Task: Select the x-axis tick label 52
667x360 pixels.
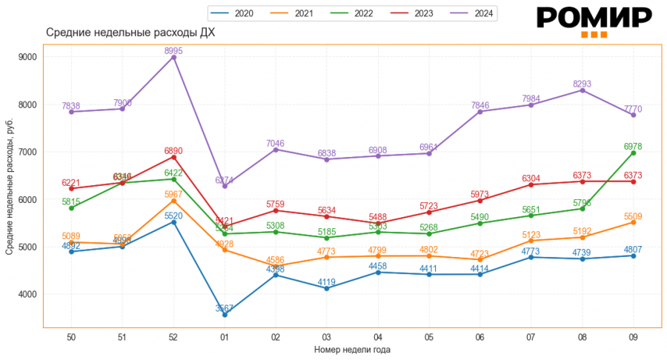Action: coord(173,337)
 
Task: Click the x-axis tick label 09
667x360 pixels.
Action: coord(634,337)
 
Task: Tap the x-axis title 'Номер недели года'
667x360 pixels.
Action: coord(352,350)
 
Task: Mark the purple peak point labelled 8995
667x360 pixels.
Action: coord(173,57)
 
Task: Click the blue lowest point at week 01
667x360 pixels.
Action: coord(225,315)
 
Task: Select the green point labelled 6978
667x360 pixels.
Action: coord(634,153)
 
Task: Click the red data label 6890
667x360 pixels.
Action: coord(173,150)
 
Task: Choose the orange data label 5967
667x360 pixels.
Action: coord(173,195)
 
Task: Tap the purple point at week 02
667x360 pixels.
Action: coord(276,150)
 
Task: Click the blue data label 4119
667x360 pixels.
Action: coord(327,282)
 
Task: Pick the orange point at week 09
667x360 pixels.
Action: coord(634,222)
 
